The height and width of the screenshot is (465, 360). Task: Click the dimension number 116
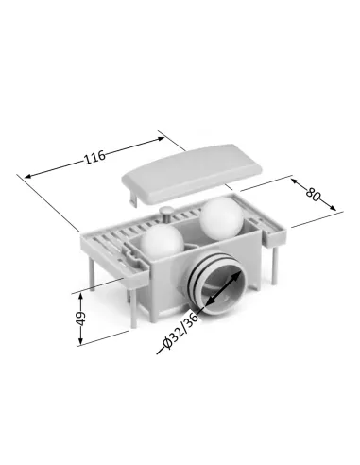coord(94,157)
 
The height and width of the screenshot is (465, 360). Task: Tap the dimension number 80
coord(313,195)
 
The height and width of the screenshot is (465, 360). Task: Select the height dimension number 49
coord(81,319)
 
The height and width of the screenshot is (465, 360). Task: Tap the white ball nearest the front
coord(162,241)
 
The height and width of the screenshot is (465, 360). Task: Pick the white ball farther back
coord(222,217)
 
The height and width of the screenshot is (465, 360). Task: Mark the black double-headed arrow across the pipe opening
coord(223,288)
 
